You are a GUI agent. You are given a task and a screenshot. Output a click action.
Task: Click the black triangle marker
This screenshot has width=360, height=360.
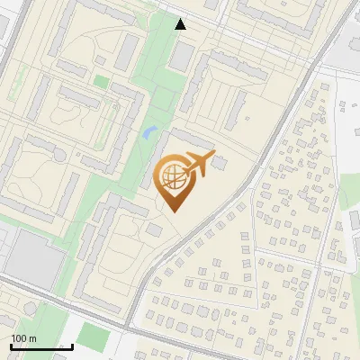click(x=181, y=24)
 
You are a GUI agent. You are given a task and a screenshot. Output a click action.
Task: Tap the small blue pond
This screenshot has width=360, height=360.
click(x=148, y=135)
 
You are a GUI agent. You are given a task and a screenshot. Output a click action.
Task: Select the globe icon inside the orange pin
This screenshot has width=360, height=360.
click(x=173, y=177)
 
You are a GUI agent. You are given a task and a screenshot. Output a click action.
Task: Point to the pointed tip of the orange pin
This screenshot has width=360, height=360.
click(x=173, y=211)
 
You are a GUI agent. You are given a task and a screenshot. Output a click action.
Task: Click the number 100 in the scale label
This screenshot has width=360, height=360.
click(x=19, y=337)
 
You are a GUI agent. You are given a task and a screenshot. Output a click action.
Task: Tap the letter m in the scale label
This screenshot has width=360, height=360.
click(x=32, y=337)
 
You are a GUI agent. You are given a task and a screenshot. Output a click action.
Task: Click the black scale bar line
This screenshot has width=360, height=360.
click(x=41, y=346)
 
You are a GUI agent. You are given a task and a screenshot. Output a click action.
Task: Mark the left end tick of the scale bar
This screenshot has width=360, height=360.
click(x=11, y=344)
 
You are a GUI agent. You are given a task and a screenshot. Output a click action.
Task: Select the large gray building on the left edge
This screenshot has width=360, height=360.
click(x=34, y=256)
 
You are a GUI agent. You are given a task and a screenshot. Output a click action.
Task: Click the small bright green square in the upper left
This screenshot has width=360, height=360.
click(x=101, y=83)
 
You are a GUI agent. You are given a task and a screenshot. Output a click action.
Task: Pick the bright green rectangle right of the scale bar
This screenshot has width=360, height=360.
click(x=92, y=337)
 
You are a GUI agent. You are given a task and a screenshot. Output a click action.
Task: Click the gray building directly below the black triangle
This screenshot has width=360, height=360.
click(x=183, y=57)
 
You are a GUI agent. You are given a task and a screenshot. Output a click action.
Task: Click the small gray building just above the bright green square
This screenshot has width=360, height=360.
click(x=100, y=67)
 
